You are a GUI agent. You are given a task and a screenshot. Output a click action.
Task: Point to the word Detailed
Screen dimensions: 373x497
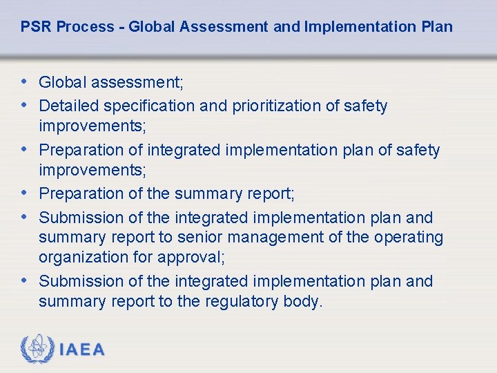(67, 106)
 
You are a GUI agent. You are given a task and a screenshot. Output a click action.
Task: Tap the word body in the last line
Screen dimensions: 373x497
(302, 302)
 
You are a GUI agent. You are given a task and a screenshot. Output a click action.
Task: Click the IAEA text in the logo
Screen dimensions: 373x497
(83, 350)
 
